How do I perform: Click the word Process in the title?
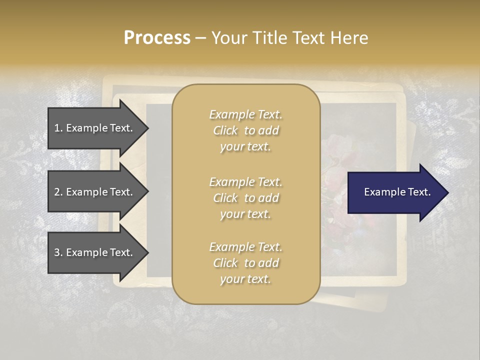point(157,38)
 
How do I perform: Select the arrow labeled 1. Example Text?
point(95,128)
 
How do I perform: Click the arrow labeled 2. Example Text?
point(95,192)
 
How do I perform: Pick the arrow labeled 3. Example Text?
point(95,252)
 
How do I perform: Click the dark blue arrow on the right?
point(395,192)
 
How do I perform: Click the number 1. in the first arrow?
point(58,128)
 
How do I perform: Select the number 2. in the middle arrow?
point(58,192)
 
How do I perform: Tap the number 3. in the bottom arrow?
point(58,252)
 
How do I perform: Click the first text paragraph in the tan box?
point(245,130)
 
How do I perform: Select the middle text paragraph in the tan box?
point(245,198)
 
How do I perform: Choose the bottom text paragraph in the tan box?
point(245,263)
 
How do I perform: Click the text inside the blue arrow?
point(397,192)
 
